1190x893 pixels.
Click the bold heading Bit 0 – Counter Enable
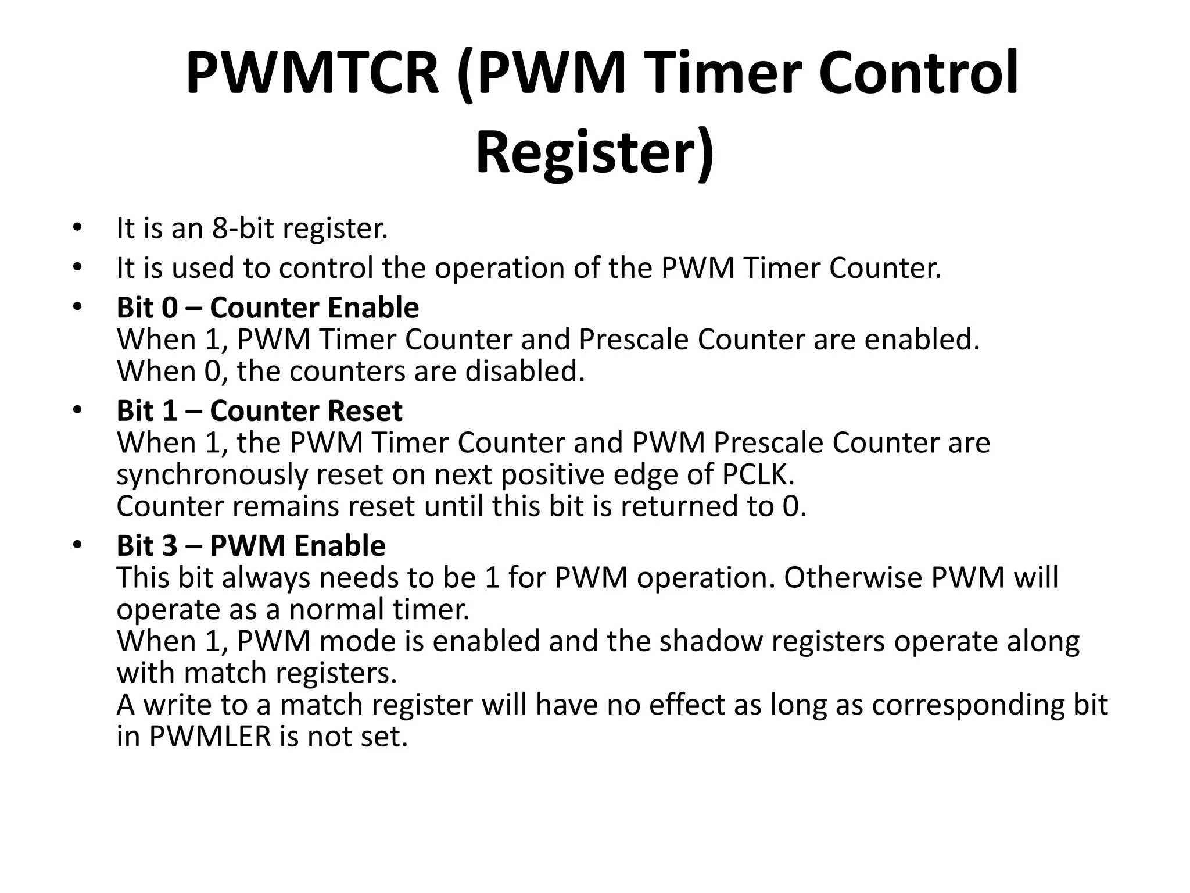(x=267, y=308)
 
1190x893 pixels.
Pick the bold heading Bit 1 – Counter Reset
(x=259, y=411)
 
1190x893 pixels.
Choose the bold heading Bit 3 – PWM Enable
(x=251, y=546)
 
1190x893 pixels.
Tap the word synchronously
(x=212, y=475)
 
